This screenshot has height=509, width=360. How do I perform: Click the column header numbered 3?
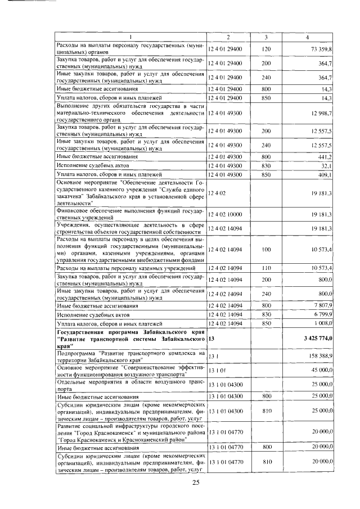tap(266, 37)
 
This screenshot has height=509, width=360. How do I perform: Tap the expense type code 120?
tap(266, 49)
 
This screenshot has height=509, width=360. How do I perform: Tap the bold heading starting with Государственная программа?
tap(130, 338)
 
